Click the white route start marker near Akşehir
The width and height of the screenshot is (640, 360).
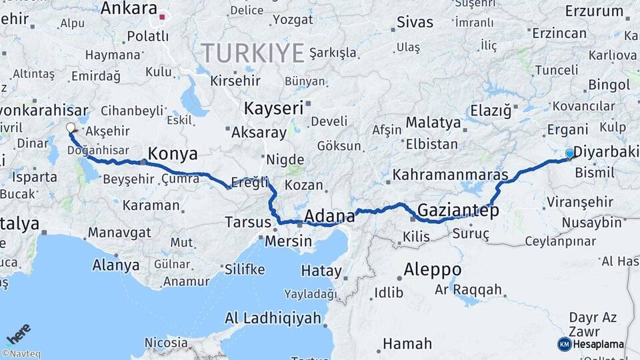(x=71, y=127)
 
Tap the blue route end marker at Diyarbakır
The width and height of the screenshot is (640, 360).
(x=569, y=153)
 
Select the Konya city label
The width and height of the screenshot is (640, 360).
(x=173, y=154)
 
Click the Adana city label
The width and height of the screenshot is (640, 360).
(x=329, y=216)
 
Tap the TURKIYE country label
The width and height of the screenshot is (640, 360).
(x=253, y=53)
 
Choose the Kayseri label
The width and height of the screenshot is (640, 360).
(x=273, y=108)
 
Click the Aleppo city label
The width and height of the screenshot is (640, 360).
(x=432, y=269)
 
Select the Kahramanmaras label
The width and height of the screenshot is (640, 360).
(x=451, y=175)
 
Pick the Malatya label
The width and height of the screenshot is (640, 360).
(x=433, y=123)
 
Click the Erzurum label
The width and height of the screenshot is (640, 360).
(x=594, y=11)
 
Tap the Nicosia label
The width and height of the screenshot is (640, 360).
(x=166, y=343)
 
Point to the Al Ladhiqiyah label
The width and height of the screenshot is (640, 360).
(x=273, y=318)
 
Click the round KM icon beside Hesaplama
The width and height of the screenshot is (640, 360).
(x=564, y=344)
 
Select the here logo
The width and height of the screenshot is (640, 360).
(x=19, y=334)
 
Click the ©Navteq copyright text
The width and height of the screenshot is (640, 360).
(x=21, y=354)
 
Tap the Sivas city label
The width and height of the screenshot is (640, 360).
(x=415, y=22)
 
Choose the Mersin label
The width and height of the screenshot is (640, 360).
(x=288, y=241)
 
